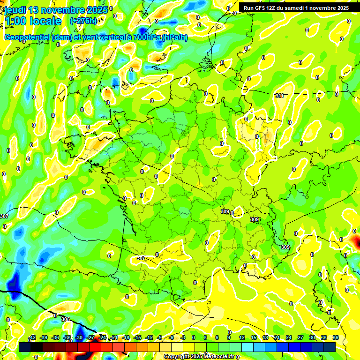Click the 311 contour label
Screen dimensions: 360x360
point(279,96)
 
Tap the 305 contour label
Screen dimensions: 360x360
point(66,319)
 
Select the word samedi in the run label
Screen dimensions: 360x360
point(305,8)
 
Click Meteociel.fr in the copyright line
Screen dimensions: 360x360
point(218,357)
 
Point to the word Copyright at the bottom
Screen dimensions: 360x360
point(176,357)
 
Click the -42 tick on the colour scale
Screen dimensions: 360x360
point(32,337)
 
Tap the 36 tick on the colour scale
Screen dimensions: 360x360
point(335,337)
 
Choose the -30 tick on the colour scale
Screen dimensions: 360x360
point(79,337)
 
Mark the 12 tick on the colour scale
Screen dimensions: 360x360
point(241,337)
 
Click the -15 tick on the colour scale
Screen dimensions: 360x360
point(137,337)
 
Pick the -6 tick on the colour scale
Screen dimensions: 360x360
point(172,337)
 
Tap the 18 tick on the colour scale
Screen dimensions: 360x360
point(265,337)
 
